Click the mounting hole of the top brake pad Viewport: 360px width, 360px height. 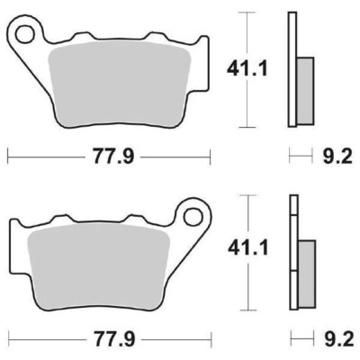coord(28,33)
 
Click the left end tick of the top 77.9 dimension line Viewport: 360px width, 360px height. coord(9,158)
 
